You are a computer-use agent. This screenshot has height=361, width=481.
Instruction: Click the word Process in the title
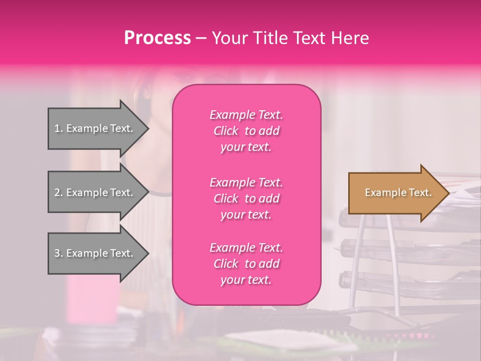[x=157, y=38]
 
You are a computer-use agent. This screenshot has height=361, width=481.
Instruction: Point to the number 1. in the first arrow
[x=59, y=128]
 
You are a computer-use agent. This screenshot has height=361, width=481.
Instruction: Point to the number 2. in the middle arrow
[x=59, y=193]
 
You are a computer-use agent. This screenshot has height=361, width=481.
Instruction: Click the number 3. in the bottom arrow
[x=59, y=253]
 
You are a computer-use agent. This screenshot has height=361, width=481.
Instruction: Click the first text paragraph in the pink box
[x=246, y=131]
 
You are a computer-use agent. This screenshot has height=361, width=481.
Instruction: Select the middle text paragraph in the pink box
[x=246, y=199]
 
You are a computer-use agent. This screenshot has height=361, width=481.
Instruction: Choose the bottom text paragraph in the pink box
[x=246, y=264]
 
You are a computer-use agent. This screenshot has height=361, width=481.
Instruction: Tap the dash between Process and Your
[x=201, y=39]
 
